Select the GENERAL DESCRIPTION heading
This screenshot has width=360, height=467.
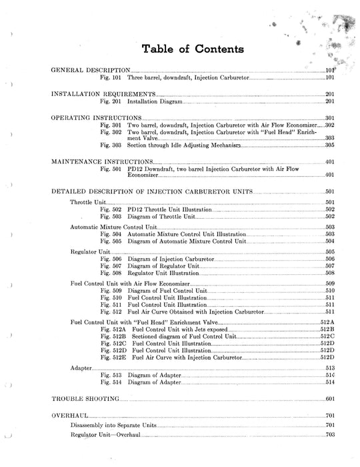click(90, 70)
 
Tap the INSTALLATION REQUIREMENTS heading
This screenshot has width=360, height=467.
click(103, 94)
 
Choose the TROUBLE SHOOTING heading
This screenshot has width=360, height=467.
click(85, 398)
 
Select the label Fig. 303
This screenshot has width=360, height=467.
click(111, 145)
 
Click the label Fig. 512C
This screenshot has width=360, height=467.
click(113, 344)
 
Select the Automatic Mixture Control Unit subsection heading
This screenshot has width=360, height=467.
click(113, 227)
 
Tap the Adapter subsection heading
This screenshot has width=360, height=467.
click(81, 368)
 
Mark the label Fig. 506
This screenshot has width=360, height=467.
click(111, 259)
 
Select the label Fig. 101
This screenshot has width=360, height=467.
click(111, 77)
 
